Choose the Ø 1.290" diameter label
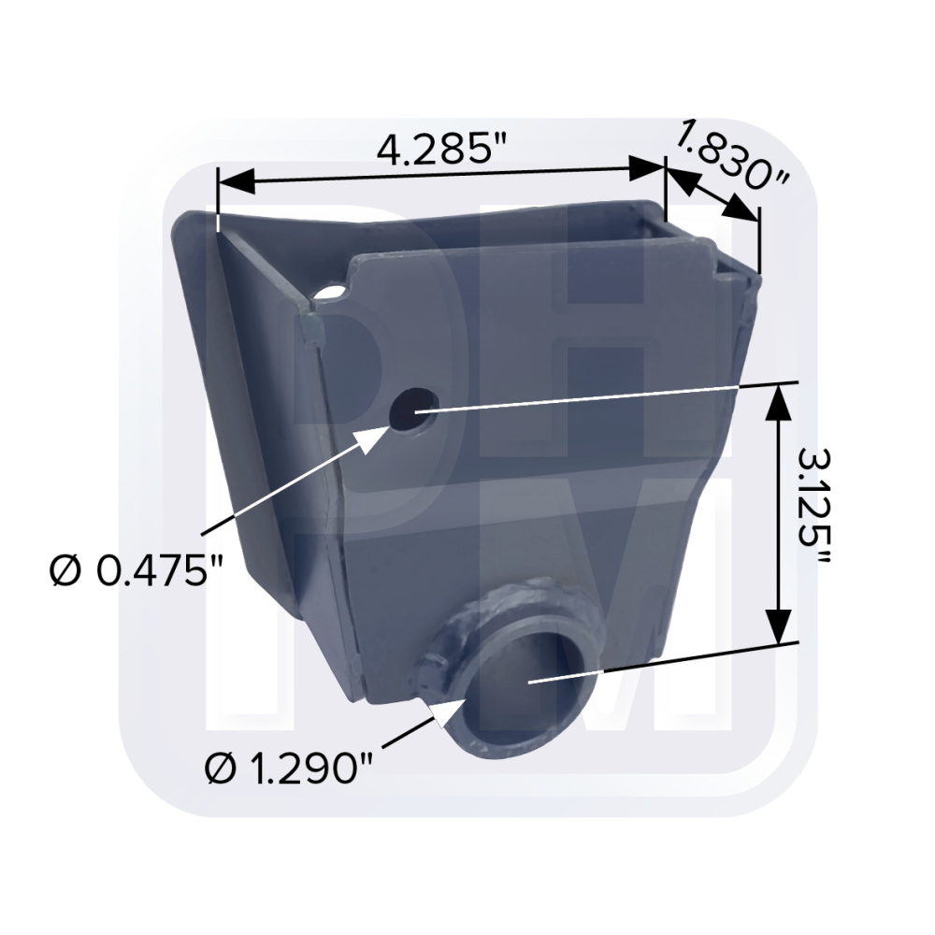pyautogui.click(x=289, y=769)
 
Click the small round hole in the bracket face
pyautogui.click(x=412, y=410)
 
